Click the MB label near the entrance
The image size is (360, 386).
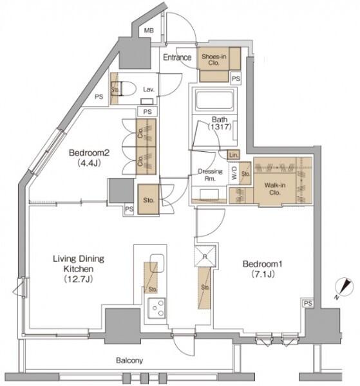[x=149, y=30]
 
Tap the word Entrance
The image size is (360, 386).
[x=177, y=57]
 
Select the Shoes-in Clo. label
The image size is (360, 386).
[x=214, y=60]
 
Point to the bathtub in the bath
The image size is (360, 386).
[x=214, y=100]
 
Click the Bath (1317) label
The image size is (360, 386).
[x=220, y=123]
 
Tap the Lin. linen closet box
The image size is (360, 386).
[x=233, y=155]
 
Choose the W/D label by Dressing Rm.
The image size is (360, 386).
[x=234, y=172]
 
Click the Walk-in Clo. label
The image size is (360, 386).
[x=275, y=188]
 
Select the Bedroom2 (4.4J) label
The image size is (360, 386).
[x=89, y=158]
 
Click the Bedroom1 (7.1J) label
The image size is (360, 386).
[x=263, y=269]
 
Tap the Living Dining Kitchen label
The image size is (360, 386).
[x=79, y=269]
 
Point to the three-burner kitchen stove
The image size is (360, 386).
[x=157, y=308]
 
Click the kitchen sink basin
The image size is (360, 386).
[x=157, y=263]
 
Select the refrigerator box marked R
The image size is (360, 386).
[x=205, y=256]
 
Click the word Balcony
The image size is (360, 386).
[x=129, y=361]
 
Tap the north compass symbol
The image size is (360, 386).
[x=344, y=288]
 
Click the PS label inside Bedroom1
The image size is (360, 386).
[x=308, y=303]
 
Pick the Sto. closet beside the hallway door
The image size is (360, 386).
[x=148, y=199]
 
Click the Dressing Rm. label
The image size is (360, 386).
[x=210, y=175]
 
